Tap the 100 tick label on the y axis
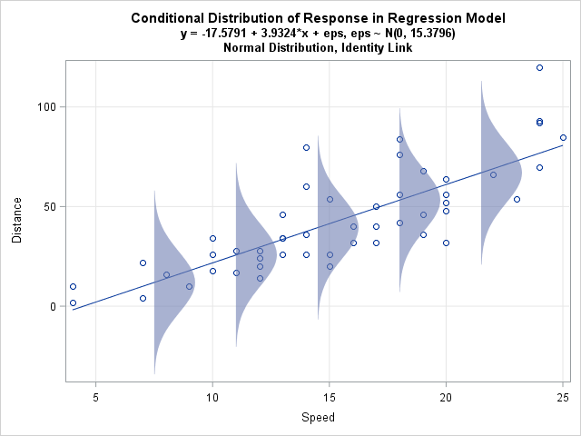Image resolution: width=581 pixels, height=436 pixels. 46,106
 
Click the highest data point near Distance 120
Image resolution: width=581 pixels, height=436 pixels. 539,67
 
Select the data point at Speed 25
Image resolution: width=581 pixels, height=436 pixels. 563,137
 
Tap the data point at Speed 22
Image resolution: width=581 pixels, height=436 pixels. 493,174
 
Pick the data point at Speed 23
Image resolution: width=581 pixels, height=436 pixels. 517,199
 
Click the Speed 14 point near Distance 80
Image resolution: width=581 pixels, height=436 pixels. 306,147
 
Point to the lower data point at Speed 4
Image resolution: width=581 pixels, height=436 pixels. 73,302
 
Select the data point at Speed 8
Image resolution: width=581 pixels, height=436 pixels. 166,274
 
